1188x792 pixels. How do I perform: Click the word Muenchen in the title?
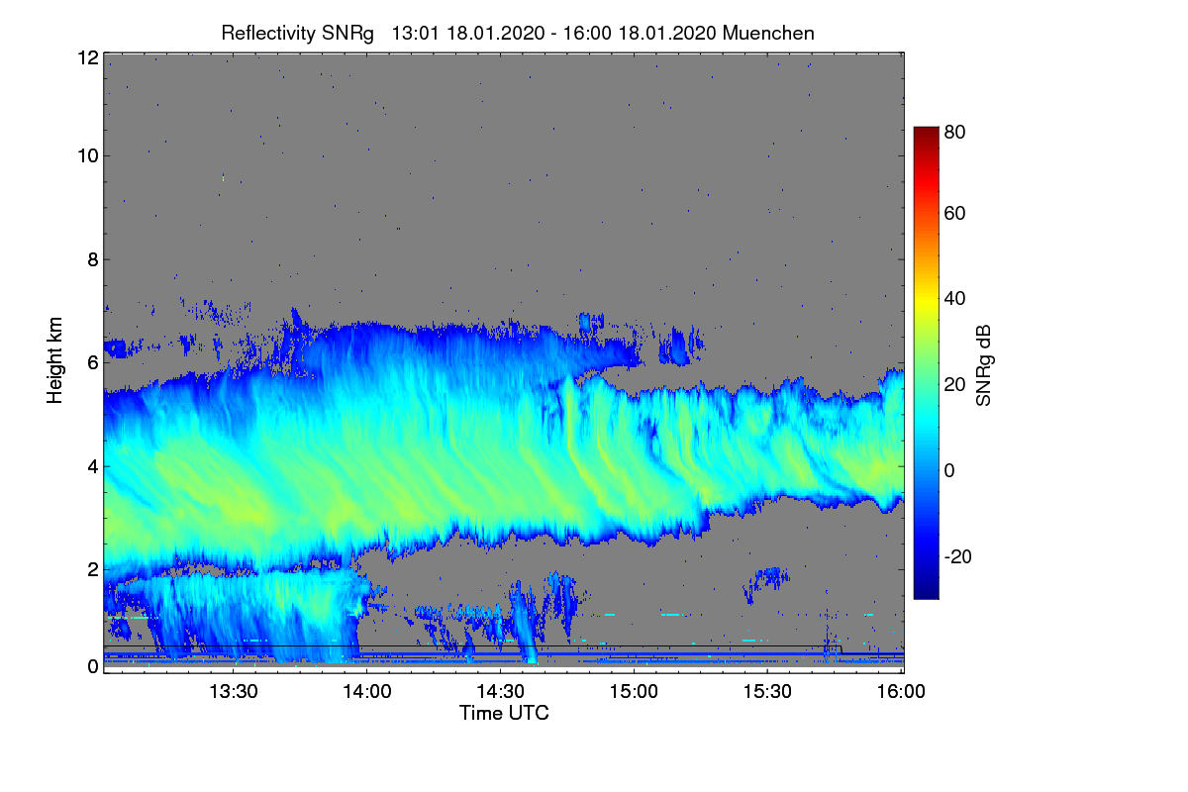point(768,33)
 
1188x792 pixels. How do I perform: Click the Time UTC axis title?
point(504,713)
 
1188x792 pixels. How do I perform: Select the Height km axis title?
point(55,360)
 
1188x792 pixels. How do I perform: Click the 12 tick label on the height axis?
point(87,57)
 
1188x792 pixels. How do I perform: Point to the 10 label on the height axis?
point(87,155)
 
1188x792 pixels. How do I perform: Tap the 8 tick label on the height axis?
point(92,259)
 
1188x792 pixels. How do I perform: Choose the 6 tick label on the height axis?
point(92,362)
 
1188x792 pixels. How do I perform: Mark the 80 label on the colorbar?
point(954,130)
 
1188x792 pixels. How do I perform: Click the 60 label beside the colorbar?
point(954,213)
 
